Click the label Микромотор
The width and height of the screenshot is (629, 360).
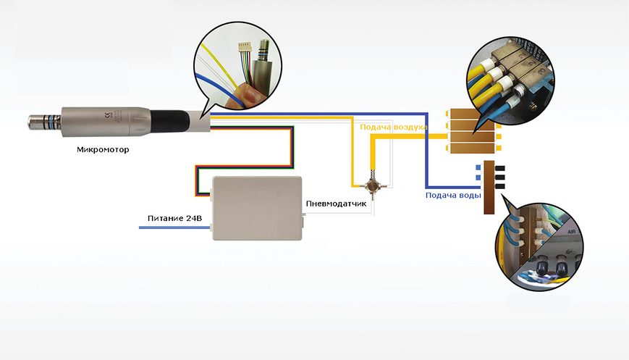point(103,150)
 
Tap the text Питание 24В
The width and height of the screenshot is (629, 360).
point(174,218)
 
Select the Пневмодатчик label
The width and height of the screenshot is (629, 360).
point(336,204)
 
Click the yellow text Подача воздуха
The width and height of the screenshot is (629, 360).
point(394,127)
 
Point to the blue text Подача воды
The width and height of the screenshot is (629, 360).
point(453,196)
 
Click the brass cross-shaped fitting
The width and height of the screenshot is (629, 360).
point(372,185)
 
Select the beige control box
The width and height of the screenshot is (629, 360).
point(257,209)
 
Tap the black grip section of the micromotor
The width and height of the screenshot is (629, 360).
point(169,120)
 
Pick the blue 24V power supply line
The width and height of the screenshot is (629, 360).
point(174,227)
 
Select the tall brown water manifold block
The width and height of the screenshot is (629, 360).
point(489,188)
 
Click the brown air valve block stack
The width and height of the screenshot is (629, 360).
point(472,131)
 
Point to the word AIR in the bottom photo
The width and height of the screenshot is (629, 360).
point(572,232)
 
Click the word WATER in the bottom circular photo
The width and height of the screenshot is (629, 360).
point(561,239)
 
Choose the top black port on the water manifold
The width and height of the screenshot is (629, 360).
point(500,168)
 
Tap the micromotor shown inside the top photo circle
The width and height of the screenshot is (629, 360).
point(261,66)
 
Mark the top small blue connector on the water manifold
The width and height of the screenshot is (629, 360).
point(478,168)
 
